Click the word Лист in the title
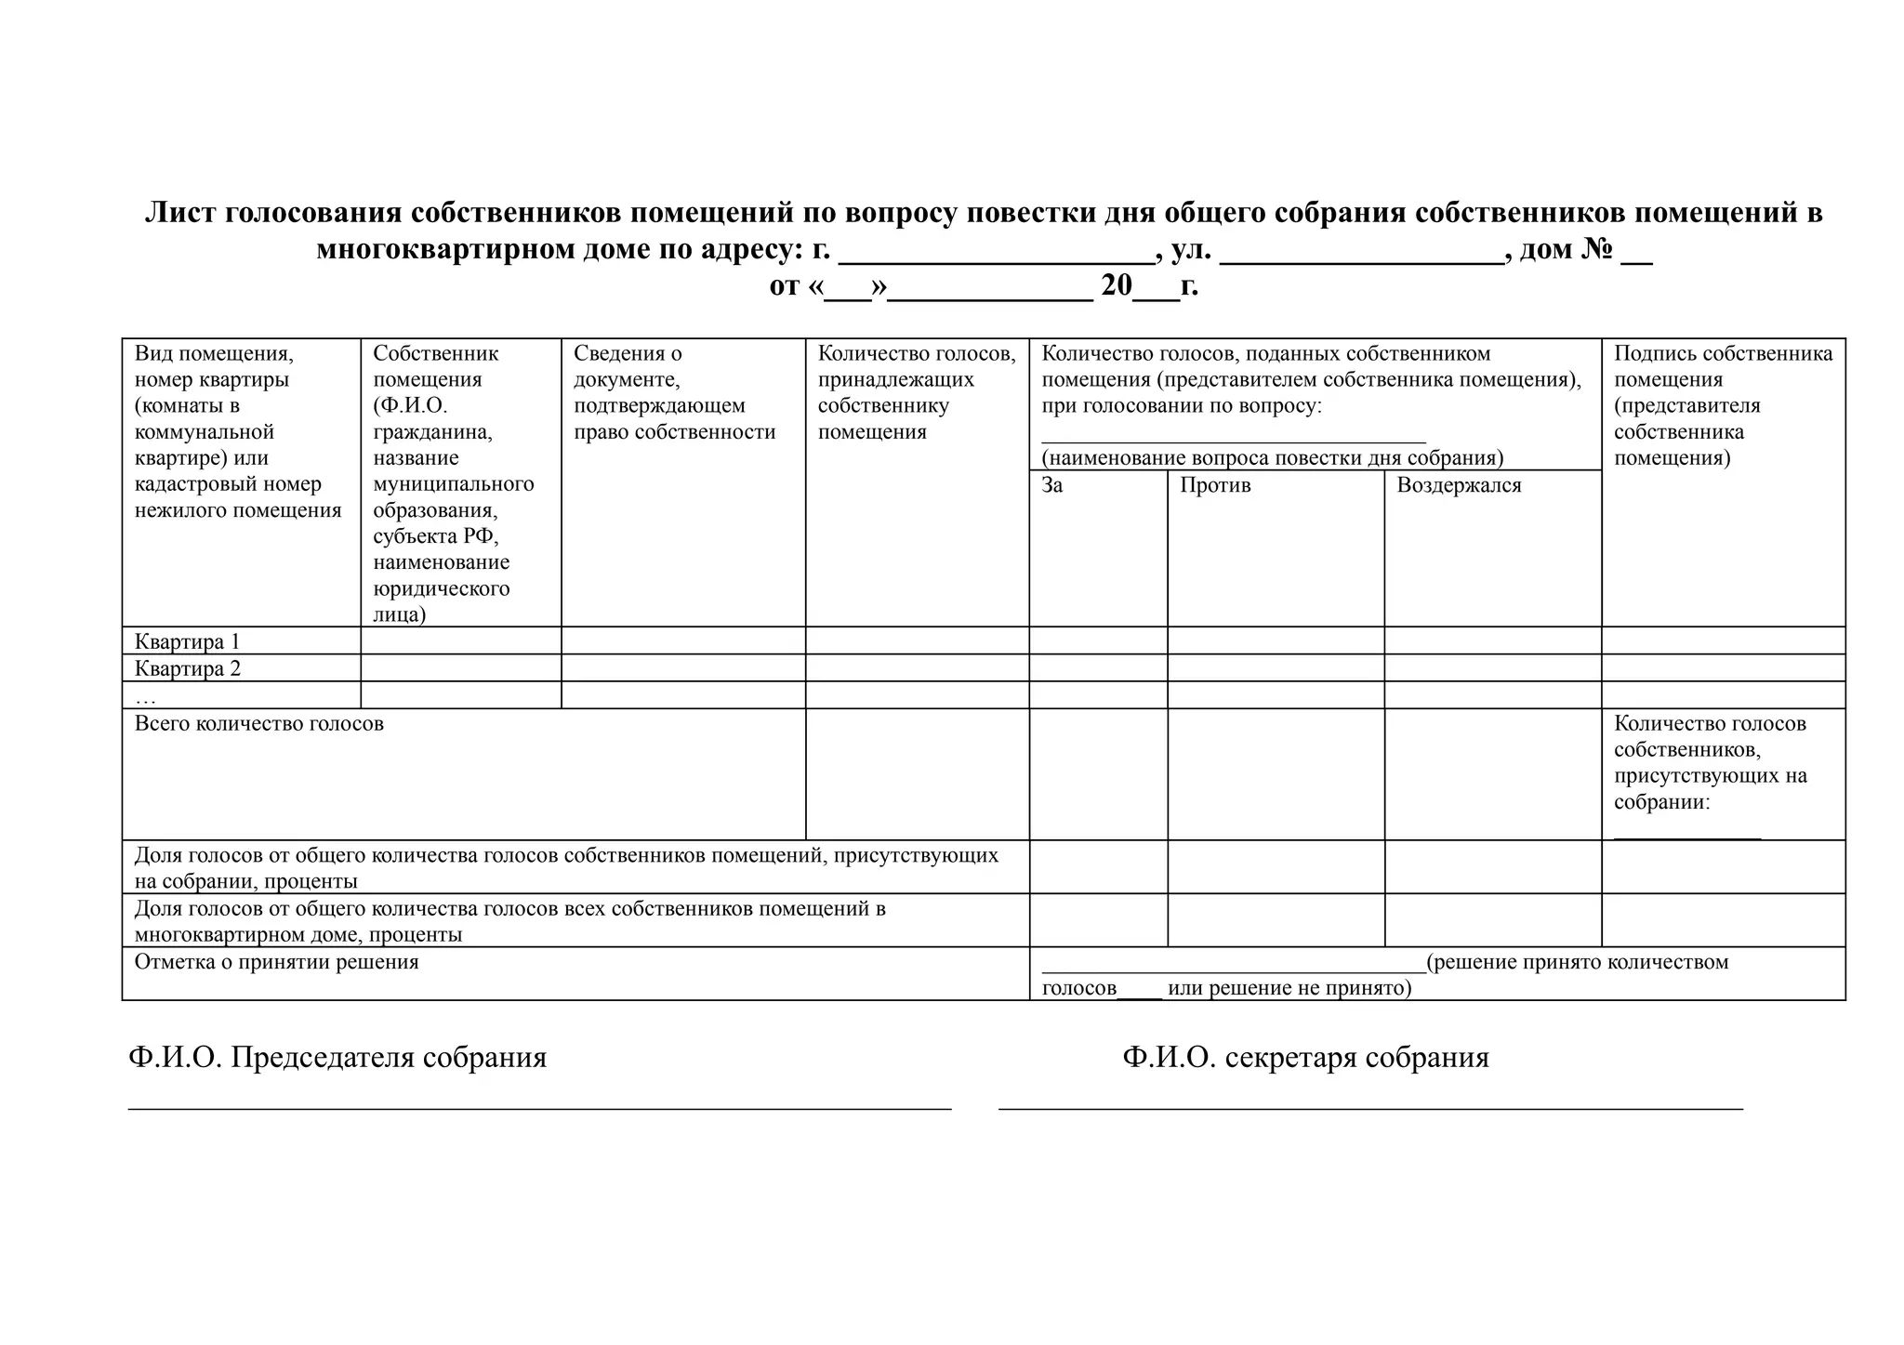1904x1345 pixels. (180, 213)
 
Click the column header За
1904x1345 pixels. (1051, 485)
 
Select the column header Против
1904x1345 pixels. (1214, 485)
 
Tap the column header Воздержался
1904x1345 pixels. (1458, 485)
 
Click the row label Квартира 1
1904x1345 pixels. (187, 641)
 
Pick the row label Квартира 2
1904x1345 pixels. (187, 668)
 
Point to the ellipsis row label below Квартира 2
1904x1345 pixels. (145, 697)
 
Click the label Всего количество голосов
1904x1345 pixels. (258, 723)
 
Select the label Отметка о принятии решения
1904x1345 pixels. (276, 961)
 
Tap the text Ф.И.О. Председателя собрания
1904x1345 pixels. (337, 1057)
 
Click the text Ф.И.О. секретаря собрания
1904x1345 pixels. (1304, 1057)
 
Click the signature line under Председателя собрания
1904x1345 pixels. (539, 1108)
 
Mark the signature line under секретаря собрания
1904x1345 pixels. (1370, 1108)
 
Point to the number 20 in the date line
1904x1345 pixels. (1116, 285)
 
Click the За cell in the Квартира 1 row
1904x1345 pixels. (1098, 640)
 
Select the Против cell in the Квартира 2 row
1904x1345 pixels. (1276, 667)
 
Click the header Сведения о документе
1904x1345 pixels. (673, 391)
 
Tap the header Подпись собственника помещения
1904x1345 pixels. (1722, 404)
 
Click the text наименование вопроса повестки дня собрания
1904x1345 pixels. (1272, 457)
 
